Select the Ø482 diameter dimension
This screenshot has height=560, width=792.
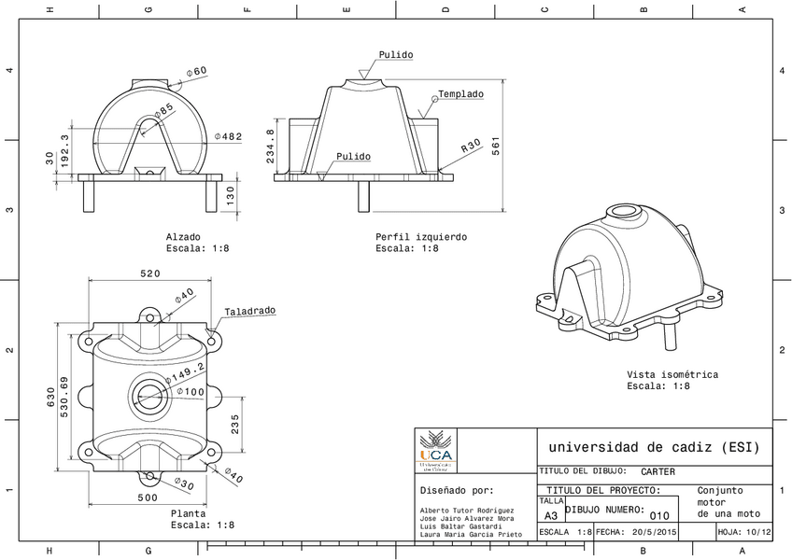(x=229, y=136)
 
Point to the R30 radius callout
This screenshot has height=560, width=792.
(x=471, y=147)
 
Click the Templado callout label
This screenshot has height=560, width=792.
(x=461, y=94)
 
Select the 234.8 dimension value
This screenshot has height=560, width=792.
(x=272, y=147)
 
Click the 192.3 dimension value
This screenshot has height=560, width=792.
(x=64, y=150)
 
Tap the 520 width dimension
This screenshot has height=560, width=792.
(x=150, y=273)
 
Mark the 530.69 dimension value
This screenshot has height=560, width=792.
(x=64, y=398)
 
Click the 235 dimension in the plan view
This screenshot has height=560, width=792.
(x=235, y=424)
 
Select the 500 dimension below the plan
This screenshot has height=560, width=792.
(x=148, y=497)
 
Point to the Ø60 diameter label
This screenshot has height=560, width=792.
(x=197, y=71)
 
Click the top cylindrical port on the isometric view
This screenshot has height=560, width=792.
(x=621, y=212)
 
